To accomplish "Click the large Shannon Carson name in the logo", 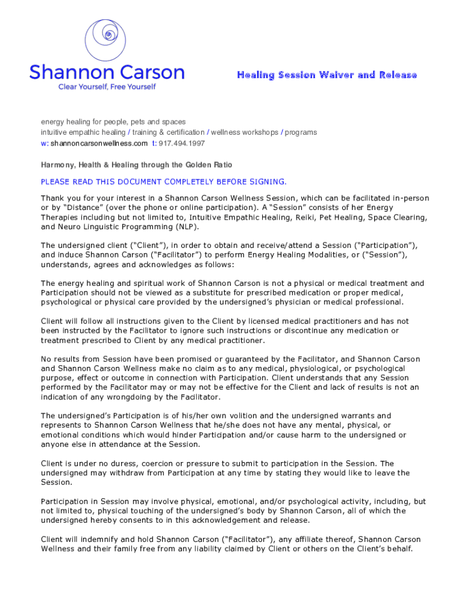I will (x=107, y=73).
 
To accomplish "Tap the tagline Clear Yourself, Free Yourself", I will (x=107, y=87).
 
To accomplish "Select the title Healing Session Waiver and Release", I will (x=327, y=75).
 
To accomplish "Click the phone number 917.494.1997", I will (x=181, y=143).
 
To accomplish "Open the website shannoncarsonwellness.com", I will (x=99, y=143).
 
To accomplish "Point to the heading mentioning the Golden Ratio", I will (x=136, y=165).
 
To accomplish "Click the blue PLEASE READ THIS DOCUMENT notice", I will (x=164, y=182).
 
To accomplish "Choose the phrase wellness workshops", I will (x=244, y=132).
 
